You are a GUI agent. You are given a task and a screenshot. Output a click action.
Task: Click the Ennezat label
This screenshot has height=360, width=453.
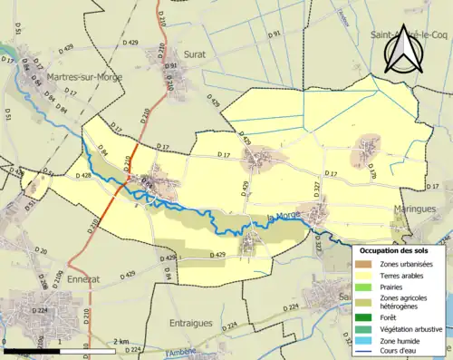pos(84,280)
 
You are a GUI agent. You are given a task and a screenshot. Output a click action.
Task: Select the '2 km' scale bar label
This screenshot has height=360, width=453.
pos(120,342)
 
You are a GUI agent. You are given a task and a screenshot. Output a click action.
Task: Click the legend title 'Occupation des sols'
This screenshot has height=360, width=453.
pos(398,250)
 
